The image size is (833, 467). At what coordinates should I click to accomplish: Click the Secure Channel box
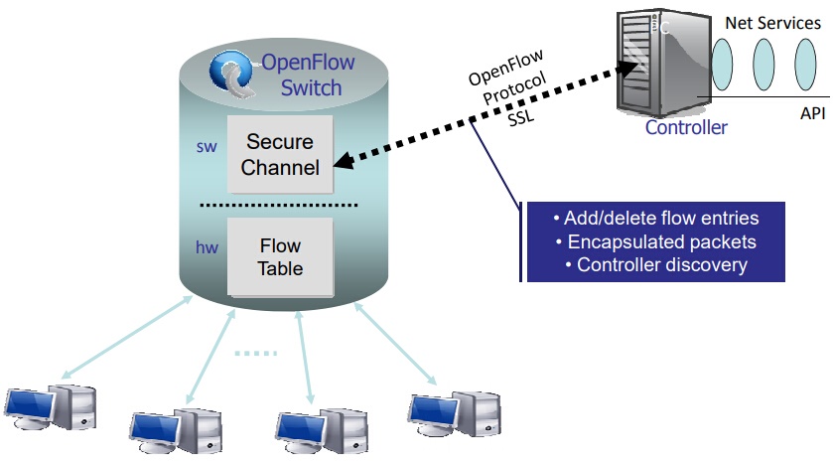(x=280, y=154)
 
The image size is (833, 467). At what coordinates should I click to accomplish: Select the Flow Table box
(x=281, y=257)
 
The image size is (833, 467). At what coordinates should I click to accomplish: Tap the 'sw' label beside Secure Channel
(x=207, y=147)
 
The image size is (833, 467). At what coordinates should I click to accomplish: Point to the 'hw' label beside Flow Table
(x=208, y=247)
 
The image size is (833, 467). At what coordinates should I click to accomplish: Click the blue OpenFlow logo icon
(x=232, y=74)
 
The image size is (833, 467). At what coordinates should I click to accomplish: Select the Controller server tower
(x=663, y=63)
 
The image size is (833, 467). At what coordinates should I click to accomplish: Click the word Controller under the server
(x=686, y=127)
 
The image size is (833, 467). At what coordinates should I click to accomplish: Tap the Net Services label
(x=773, y=23)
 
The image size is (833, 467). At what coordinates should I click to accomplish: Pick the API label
(x=813, y=113)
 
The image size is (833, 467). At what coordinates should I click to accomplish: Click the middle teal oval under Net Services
(x=764, y=65)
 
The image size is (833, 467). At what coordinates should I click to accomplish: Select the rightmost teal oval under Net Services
(x=805, y=65)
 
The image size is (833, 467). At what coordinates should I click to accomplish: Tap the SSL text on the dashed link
(x=520, y=118)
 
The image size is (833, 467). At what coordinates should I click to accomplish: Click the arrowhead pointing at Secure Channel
(x=344, y=161)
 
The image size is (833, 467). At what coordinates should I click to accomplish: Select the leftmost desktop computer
(x=51, y=407)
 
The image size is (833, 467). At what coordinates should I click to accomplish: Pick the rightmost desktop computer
(x=455, y=414)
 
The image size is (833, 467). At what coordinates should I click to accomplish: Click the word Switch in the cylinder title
(x=312, y=87)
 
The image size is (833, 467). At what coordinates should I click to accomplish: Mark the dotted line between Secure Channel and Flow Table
(x=279, y=205)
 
